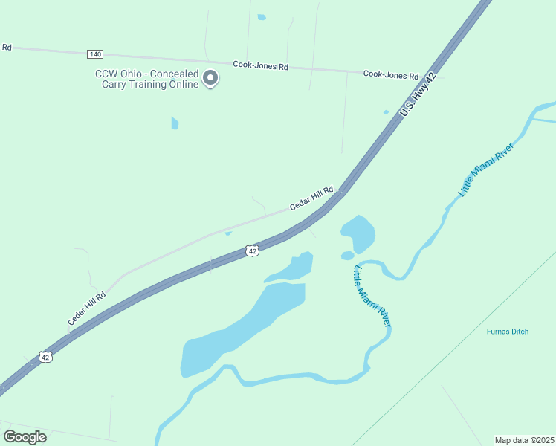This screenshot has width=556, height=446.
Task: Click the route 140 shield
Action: point(94,54)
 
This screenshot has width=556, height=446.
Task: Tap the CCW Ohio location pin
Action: point(210,78)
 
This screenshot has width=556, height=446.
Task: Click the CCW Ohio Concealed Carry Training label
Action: point(146,79)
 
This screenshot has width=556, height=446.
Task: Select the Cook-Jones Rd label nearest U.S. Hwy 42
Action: point(391,74)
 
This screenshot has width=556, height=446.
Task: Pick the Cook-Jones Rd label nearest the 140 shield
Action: point(260,65)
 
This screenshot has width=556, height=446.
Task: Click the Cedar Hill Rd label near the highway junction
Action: point(311,198)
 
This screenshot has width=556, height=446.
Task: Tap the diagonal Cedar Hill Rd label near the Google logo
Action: point(87,307)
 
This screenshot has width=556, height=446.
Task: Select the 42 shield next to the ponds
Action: point(253,251)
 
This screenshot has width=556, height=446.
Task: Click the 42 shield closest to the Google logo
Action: point(46,358)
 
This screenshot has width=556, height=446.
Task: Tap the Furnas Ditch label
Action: point(508,332)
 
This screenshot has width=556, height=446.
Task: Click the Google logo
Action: point(25,436)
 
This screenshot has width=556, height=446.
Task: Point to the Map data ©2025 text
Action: point(524,439)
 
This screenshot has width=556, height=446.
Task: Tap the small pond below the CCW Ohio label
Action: point(175,123)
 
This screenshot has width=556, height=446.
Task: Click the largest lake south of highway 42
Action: point(238,331)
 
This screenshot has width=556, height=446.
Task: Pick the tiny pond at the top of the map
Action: point(261,17)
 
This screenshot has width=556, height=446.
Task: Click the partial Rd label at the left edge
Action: point(7,47)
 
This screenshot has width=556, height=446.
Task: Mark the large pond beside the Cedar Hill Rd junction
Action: point(358,233)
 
